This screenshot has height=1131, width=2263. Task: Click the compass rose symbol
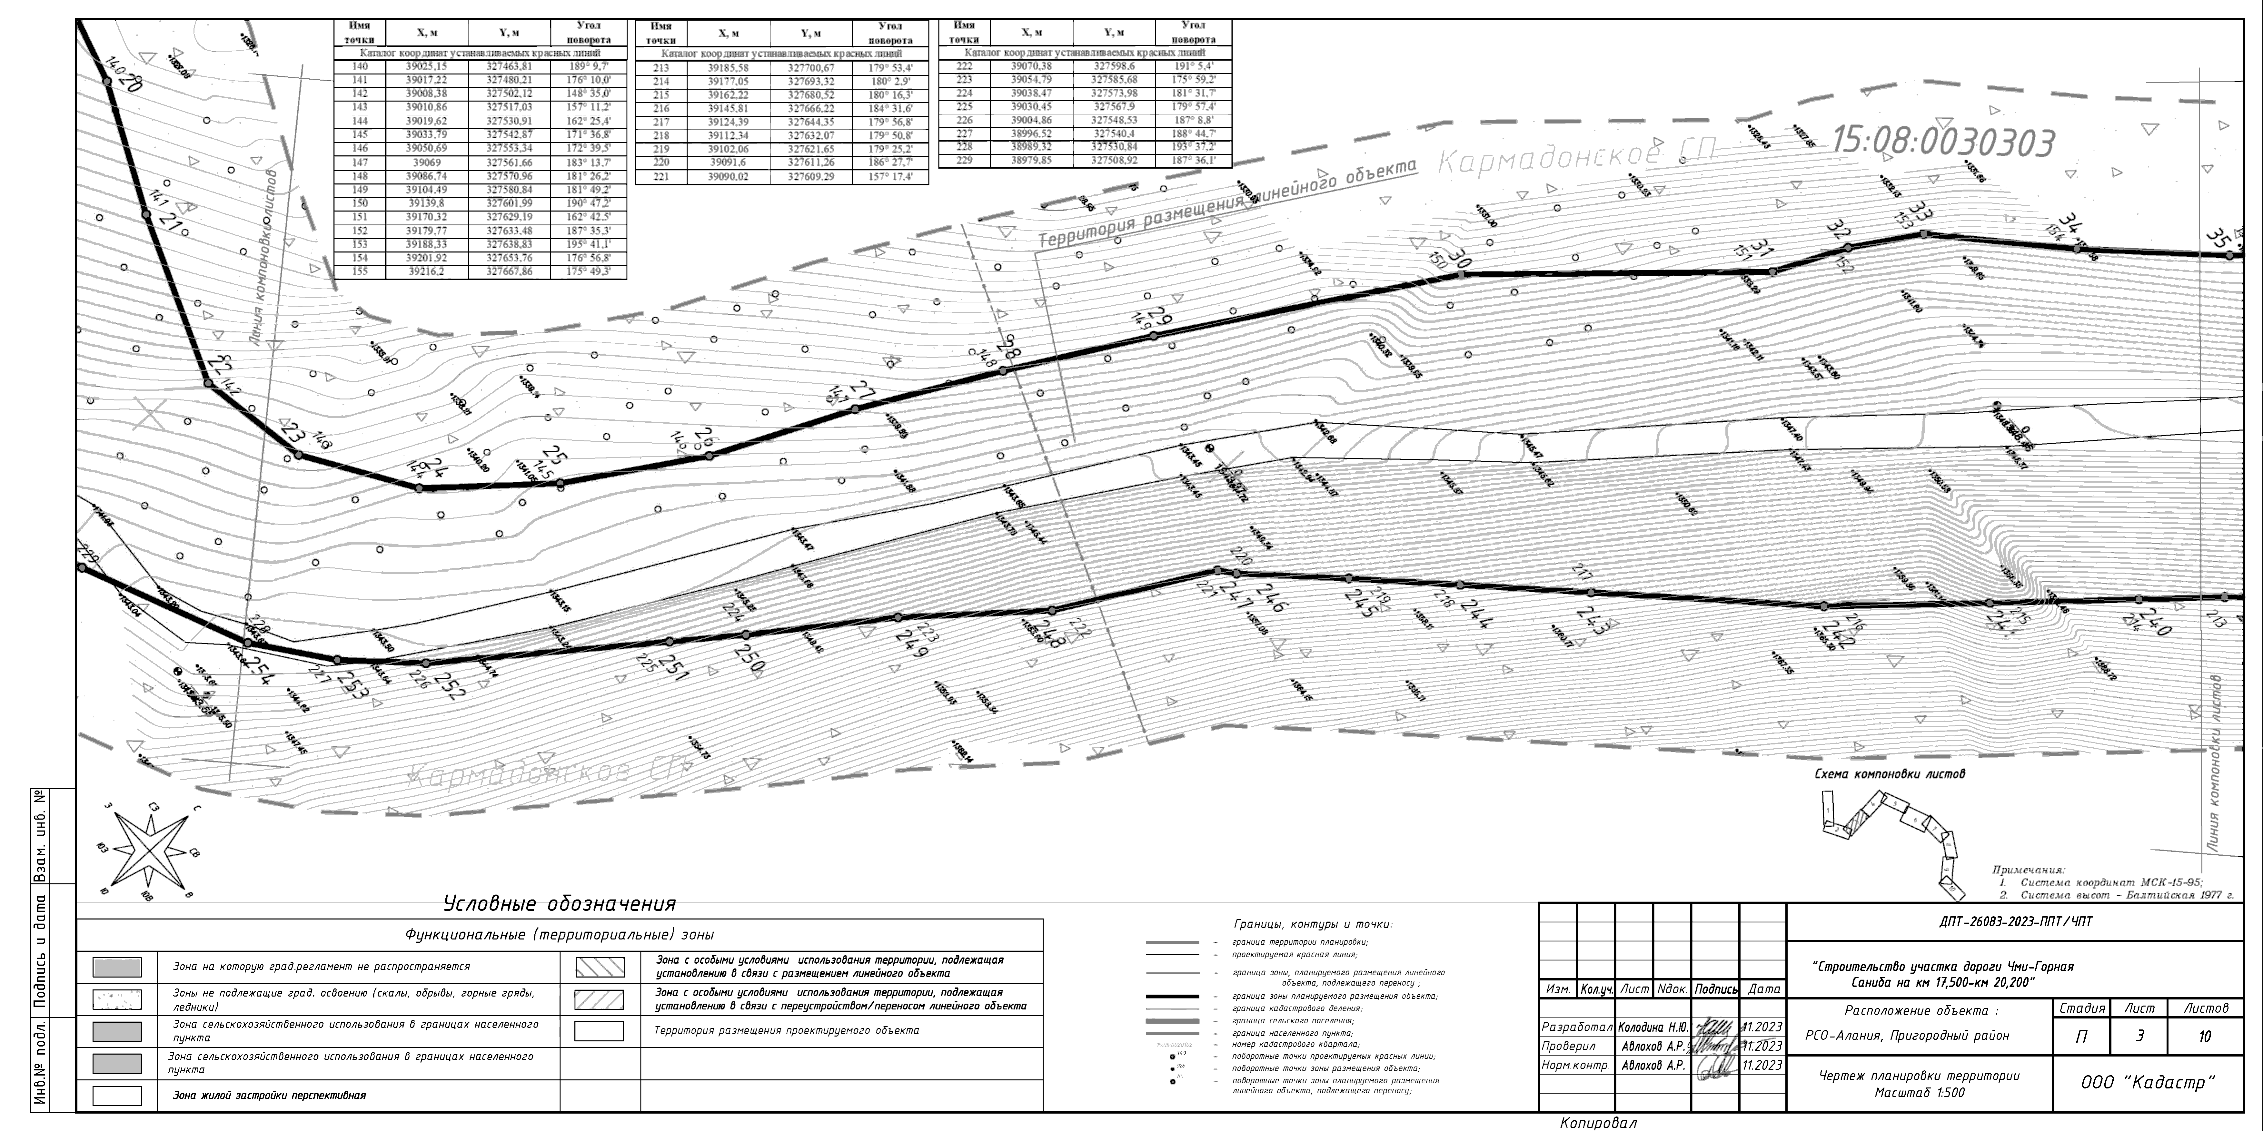coord(151,850)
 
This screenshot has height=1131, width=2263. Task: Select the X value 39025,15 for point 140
coord(426,67)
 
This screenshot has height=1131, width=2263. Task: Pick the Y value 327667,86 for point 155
coord(510,272)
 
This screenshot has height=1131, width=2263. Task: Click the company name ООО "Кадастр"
coord(2148,1083)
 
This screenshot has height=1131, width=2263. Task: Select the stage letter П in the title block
coord(2081,1037)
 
